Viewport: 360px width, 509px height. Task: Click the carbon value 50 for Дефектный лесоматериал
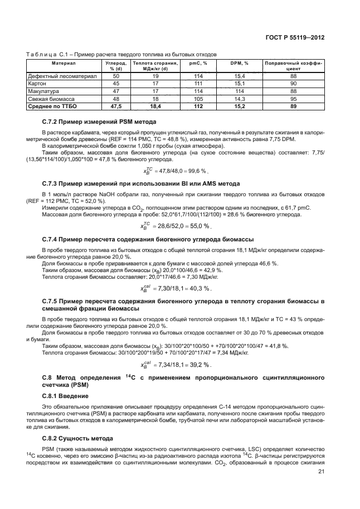point(116,76)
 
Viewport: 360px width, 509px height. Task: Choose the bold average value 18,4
point(155,105)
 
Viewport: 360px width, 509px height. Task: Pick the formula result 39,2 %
point(198,364)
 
